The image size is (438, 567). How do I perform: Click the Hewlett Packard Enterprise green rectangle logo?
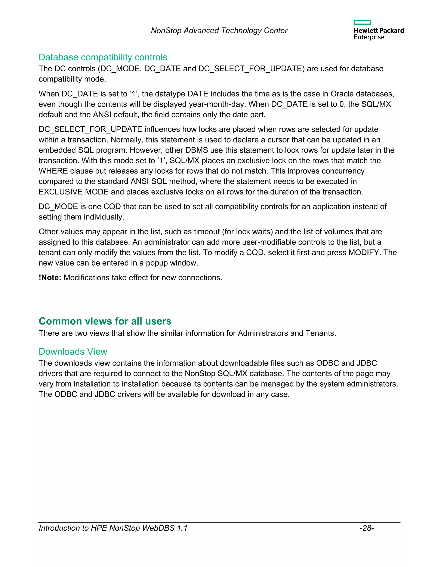pos(363,22)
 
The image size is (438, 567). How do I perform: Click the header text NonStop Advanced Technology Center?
pos(219,31)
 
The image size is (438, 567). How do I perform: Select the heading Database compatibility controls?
pos(103,57)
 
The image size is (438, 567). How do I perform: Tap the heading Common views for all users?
pos(105,321)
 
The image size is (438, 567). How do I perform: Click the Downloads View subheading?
pos(73,352)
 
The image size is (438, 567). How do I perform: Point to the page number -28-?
pos(366,528)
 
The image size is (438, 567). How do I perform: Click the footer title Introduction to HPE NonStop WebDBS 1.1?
pos(113,528)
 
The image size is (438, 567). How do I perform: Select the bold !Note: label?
pos(50,278)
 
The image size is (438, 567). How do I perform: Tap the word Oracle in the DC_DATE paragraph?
pos(342,94)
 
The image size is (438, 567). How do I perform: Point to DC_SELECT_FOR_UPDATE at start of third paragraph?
pos(90,129)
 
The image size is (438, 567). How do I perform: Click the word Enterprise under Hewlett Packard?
pos(369,37)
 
